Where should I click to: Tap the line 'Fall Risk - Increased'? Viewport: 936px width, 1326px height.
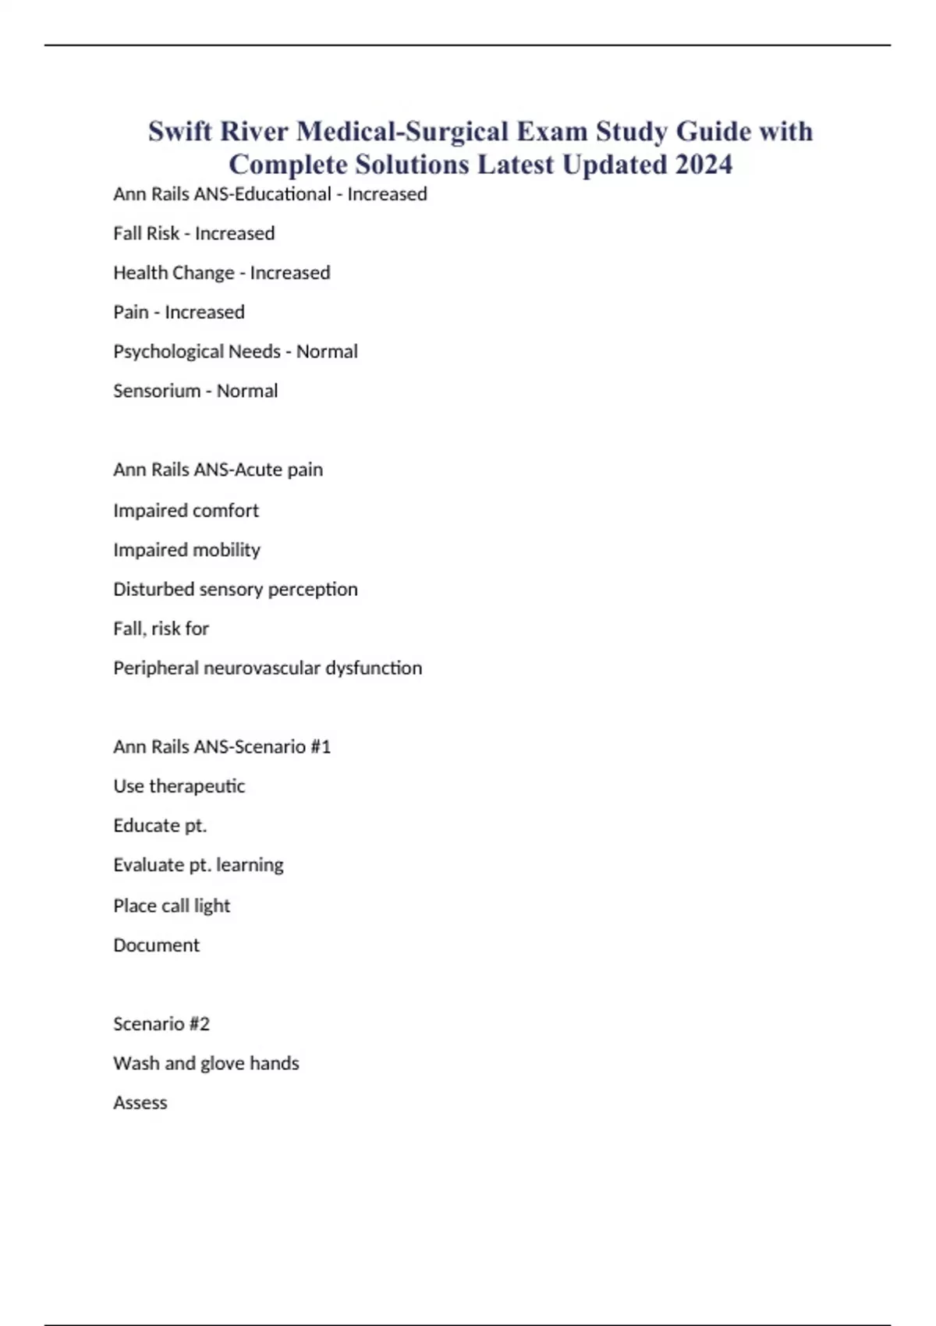coord(193,233)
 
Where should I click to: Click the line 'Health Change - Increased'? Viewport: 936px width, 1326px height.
coord(222,273)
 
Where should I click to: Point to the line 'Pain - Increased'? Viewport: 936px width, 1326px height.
coord(179,312)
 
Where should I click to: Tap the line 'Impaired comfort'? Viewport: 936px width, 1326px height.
coord(186,511)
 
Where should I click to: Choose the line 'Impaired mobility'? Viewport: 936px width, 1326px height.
coord(186,550)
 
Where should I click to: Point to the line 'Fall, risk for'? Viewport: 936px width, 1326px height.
coord(161,629)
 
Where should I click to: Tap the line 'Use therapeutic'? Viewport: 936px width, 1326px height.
coord(179,786)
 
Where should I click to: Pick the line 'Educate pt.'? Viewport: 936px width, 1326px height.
coord(160,826)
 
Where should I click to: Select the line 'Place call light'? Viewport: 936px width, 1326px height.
coord(172,906)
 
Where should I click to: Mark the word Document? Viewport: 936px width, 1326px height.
coord(156,945)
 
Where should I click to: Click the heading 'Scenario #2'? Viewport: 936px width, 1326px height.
coord(161,1024)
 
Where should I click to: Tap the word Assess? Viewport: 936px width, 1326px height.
coord(140,1103)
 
